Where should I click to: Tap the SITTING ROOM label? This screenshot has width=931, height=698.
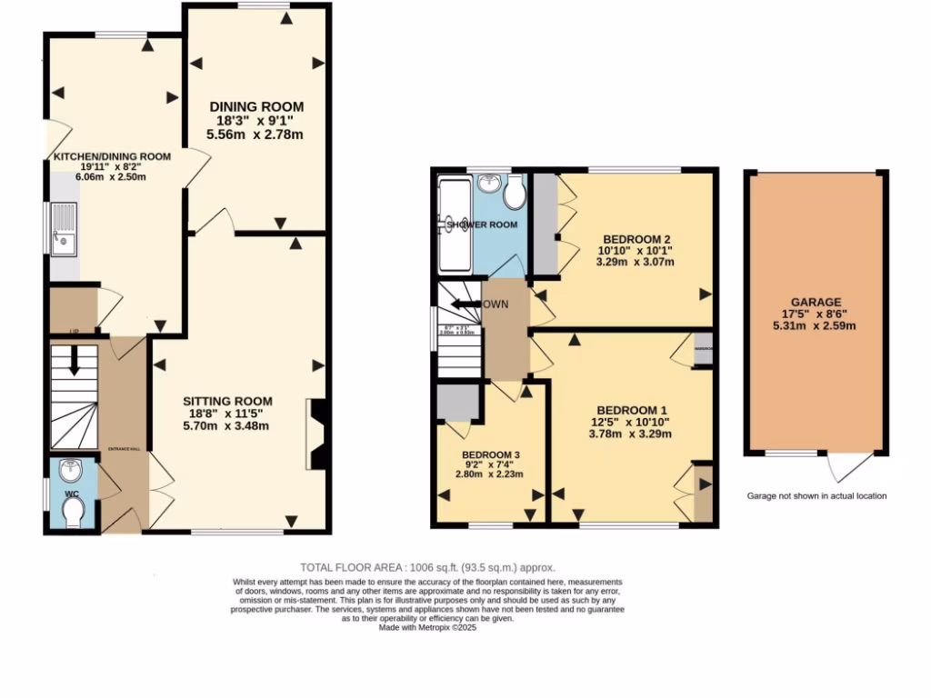tap(227, 401)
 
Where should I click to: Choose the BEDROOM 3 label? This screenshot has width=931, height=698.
tap(492, 454)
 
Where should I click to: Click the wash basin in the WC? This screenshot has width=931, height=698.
tap(71, 471)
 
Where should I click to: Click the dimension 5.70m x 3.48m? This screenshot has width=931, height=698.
tap(227, 426)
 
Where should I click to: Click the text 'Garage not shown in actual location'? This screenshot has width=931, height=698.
tap(816, 496)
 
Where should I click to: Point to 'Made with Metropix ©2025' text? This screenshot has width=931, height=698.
tap(427, 626)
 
